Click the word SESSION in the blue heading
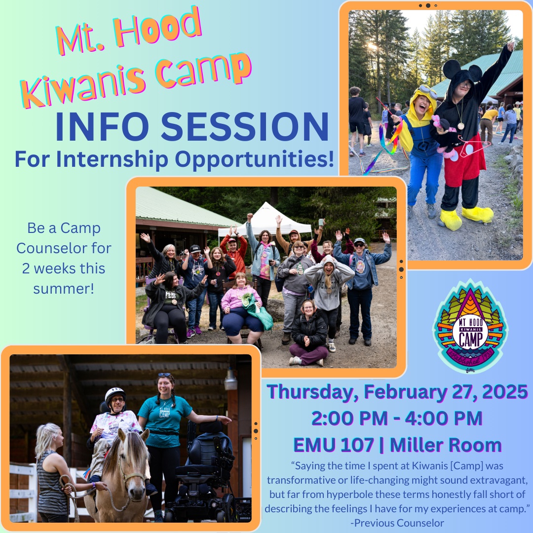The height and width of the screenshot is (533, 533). pos(245,126)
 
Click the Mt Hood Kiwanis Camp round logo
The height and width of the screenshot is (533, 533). pos(470,326)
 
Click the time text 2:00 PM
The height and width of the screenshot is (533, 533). pos(349,418)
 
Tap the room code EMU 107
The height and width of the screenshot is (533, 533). pos(334,445)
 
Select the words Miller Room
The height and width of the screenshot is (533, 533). pos(446,445)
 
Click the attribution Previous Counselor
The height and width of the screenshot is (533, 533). pos(399,523)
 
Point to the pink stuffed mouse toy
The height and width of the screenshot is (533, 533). pos(445,136)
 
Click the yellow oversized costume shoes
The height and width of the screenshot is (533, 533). pos(466,217)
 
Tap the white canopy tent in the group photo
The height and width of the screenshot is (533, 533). pos(266,220)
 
